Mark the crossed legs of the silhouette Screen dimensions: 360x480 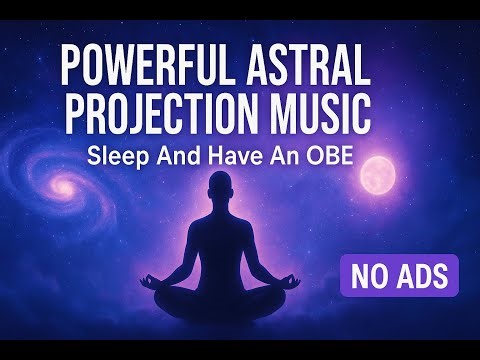click(242, 300)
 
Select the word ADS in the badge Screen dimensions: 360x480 click(424, 272)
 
